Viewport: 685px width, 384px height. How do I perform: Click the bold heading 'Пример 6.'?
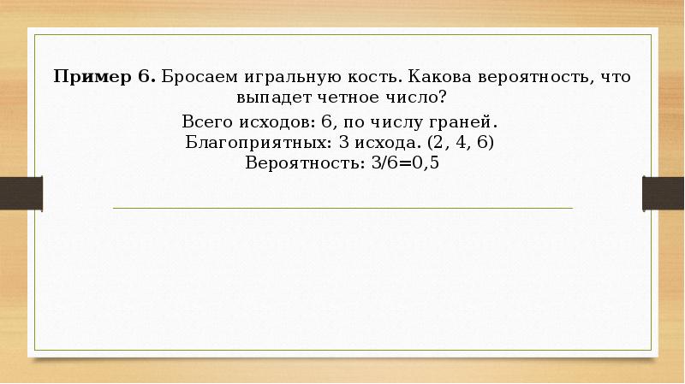pos(104,76)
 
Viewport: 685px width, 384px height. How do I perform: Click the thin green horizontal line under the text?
pos(342,208)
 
